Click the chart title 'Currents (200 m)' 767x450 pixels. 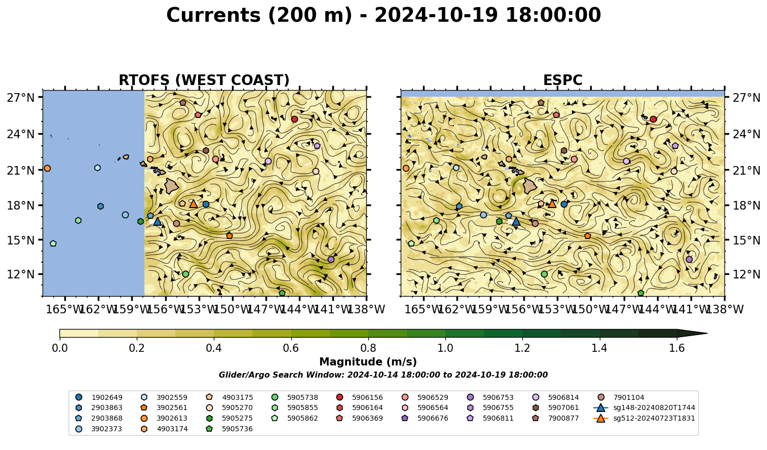(x=259, y=16)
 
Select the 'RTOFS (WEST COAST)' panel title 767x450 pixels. (x=204, y=80)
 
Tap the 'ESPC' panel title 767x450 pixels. (x=562, y=80)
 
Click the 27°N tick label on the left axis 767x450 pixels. (x=21, y=98)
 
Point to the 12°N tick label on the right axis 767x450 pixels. (x=746, y=274)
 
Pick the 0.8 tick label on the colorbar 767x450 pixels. (x=368, y=348)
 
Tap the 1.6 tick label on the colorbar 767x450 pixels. (x=677, y=348)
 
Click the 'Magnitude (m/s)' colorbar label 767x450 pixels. (x=368, y=362)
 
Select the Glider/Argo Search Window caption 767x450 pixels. (x=383, y=375)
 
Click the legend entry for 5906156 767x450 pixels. (x=361, y=397)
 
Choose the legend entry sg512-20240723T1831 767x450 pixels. (x=644, y=418)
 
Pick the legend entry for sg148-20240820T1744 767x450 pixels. (x=644, y=407)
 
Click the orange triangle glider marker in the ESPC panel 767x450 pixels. (x=552, y=204)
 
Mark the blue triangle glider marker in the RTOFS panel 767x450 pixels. (x=158, y=222)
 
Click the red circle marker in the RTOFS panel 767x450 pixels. (x=294, y=119)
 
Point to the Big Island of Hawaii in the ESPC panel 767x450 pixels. (x=530, y=186)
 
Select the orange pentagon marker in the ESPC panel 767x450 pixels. (x=588, y=236)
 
